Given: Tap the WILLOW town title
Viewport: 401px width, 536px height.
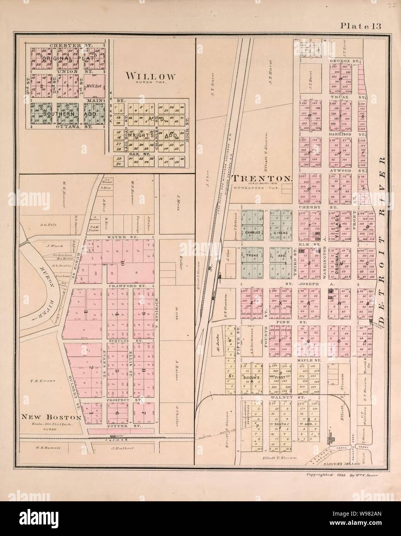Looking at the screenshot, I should point(150,76).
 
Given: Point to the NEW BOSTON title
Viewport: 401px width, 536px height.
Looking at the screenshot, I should point(51,417).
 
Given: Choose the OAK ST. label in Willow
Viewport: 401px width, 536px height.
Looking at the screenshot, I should point(134,152).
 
